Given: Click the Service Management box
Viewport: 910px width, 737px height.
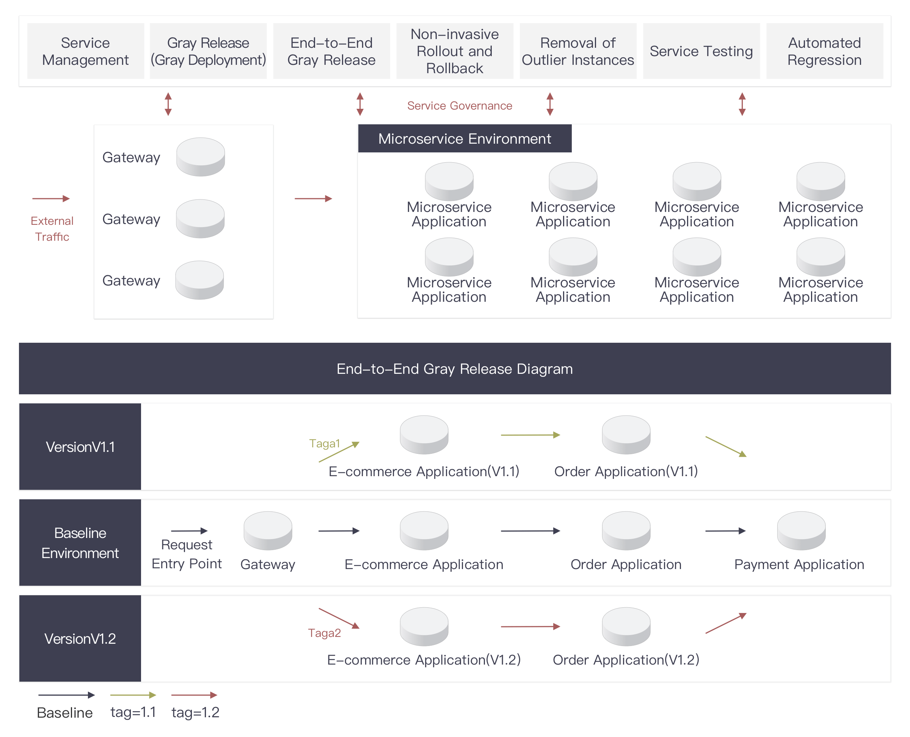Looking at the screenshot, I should pyautogui.click(x=85, y=51).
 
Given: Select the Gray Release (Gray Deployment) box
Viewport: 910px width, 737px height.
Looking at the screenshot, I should pyautogui.click(x=208, y=51).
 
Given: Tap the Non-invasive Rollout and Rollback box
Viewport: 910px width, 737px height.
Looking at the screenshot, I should pyautogui.click(x=454, y=51).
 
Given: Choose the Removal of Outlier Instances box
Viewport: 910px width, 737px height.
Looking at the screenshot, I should pyautogui.click(x=577, y=51).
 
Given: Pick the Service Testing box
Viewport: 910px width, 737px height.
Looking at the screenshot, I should pyautogui.click(x=701, y=51).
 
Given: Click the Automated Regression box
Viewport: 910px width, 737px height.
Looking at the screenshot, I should pyautogui.click(x=824, y=51).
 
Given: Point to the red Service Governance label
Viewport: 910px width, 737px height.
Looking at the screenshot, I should pyautogui.click(x=460, y=105).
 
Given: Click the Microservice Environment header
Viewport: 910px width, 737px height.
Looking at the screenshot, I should pyautogui.click(x=464, y=138).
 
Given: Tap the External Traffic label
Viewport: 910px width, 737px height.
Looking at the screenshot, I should pyautogui.click(x=52, y=228).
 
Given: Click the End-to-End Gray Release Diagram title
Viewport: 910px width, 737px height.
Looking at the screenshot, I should pyautogui.click(x=454, y=368).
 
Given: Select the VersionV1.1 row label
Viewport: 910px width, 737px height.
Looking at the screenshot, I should pyautogui.click(x=80, y=447).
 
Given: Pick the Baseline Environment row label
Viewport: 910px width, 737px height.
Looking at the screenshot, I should pyautogui.click(x=80, y=543).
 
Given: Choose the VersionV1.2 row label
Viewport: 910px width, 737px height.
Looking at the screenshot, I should pyautogui.click(x=80, y=638).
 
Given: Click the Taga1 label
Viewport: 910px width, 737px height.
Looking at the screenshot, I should pyautogui.click(x=325, y=443).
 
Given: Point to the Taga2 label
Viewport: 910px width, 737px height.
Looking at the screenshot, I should pyautogui.click(x=325, y=633).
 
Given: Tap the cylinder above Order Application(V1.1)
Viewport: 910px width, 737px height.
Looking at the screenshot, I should pyautogui.click(x=626, y=434).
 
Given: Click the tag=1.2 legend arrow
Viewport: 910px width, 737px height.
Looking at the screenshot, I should pyautogui.click(x=194, y=695).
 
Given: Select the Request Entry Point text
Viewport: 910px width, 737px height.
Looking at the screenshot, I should pyautogui.click(x=187, y=554).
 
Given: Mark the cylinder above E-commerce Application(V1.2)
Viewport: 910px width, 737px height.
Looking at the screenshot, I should pyautogui.click(x=424, y=626).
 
